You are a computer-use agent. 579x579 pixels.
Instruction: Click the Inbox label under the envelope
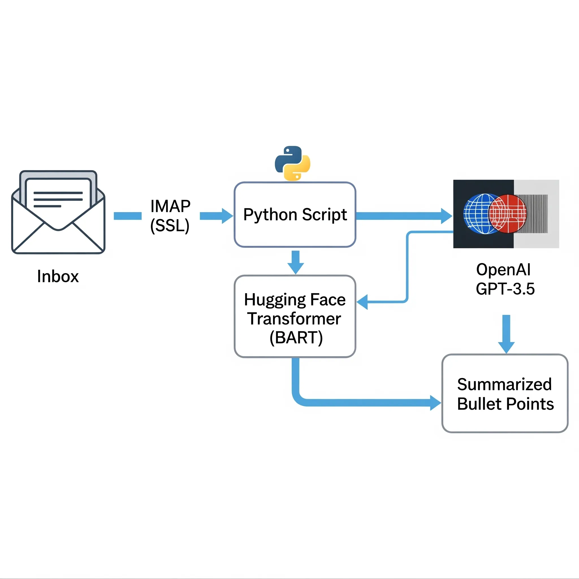[x=58, y=276]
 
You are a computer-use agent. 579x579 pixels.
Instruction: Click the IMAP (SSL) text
[x=170, y=216]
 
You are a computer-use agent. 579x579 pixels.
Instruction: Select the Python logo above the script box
[x=293, y=163]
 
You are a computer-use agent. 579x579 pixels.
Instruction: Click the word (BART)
[x=296, y=338]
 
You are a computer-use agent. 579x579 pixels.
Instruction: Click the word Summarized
[x=504, y=384]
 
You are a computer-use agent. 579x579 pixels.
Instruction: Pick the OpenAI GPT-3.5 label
[x=505, y=279]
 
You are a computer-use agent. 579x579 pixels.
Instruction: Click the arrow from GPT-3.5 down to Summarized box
[x=506, y=334]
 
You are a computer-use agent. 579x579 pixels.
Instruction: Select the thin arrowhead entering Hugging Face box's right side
[x=362, y=302]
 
